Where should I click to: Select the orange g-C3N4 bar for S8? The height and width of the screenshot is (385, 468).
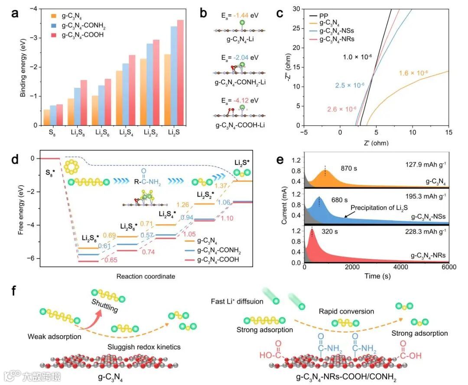(x=46, y=117)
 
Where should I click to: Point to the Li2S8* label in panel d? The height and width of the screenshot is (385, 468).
(x=91, y=238)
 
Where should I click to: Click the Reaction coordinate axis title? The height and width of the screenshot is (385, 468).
(x=146, y=276)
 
